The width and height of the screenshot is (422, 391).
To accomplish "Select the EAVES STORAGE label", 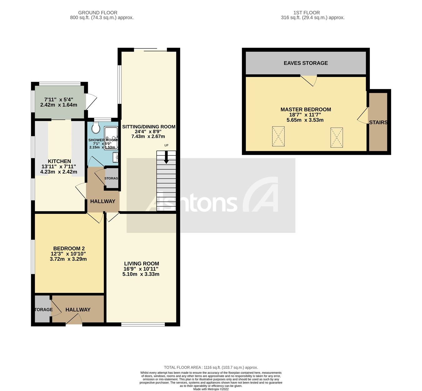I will [x=306, y=63].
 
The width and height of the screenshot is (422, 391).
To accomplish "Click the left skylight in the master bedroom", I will [x=278, y=136].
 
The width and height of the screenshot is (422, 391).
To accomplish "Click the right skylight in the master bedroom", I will [x=336, y=137].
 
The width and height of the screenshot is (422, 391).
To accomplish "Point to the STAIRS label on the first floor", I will [x=378, y=123].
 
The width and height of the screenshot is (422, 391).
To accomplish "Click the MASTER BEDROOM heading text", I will [x=306, y=109].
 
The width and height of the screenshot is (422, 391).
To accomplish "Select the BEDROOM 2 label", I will [x=69, y=248].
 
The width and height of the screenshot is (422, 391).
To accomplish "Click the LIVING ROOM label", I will [x=141, y=263].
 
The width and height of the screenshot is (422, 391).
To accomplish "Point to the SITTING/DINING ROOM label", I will [x=148, y=127].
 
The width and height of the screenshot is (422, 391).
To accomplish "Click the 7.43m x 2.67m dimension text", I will [x=148, y=137].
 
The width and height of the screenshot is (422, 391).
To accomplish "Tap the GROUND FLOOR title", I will [x=98, y=13].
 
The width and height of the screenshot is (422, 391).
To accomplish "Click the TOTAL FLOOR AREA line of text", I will [x=211, y=368].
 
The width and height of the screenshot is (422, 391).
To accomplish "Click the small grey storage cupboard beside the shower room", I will [x=112, y=178].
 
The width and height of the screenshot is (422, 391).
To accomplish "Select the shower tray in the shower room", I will [x=111, y=137].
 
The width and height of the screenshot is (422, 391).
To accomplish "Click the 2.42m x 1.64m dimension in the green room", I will [x=59, y=105].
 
